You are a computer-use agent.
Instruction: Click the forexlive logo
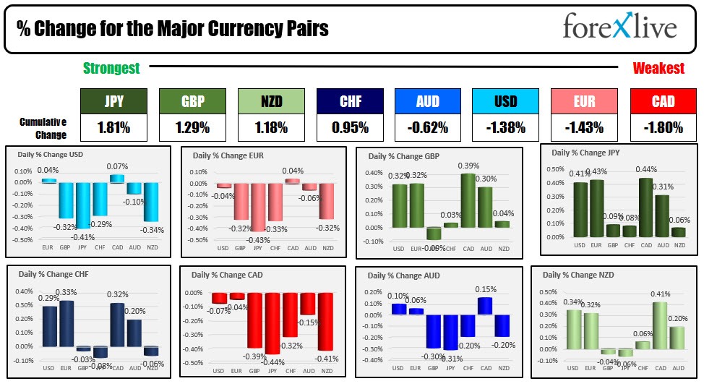619,27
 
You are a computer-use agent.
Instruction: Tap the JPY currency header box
113,102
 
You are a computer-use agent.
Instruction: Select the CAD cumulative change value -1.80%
663,128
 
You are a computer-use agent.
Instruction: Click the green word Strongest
111,69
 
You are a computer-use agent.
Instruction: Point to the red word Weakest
658,69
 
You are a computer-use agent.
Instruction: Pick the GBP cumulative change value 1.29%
192,128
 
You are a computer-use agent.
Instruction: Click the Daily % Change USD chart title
47,153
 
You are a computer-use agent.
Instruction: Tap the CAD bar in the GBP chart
468,200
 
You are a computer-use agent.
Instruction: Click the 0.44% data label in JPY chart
645,169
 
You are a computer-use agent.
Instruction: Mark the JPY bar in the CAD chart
272,323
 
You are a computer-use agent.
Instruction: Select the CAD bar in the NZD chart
659,325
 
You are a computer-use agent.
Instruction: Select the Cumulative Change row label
43,128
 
